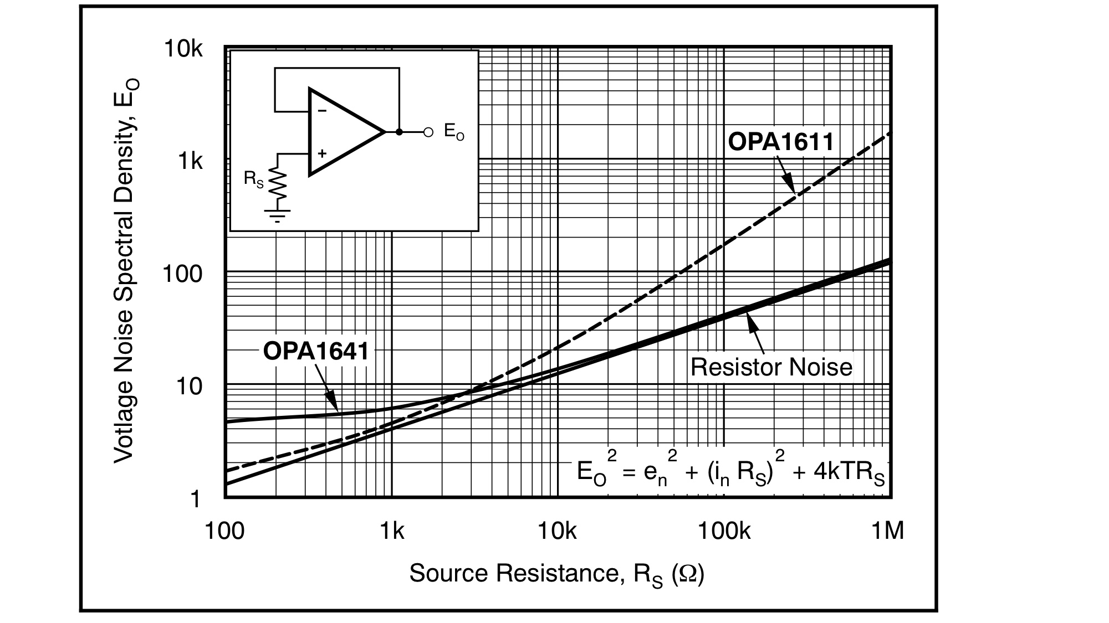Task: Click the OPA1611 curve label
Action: pos(780,142)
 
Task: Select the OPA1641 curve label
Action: pos(316,351)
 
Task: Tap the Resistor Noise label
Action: pos(771,367)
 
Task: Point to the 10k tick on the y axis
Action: pos(183,50)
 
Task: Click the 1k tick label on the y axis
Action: pos(190,162)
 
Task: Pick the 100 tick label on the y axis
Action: pos(182,274)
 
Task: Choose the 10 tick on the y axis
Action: pos(190,387)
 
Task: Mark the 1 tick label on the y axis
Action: pos(195,500)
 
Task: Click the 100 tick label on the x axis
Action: pos(224,531)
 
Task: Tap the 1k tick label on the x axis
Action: pos(391,531)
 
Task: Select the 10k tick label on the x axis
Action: pos(557,531)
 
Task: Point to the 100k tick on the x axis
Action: pos(724,531)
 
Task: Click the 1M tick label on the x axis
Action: pos(887,531)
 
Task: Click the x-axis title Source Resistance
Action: pos(556,574)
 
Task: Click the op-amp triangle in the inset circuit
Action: pos(341,132)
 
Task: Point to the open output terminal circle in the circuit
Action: pos(428,132)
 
